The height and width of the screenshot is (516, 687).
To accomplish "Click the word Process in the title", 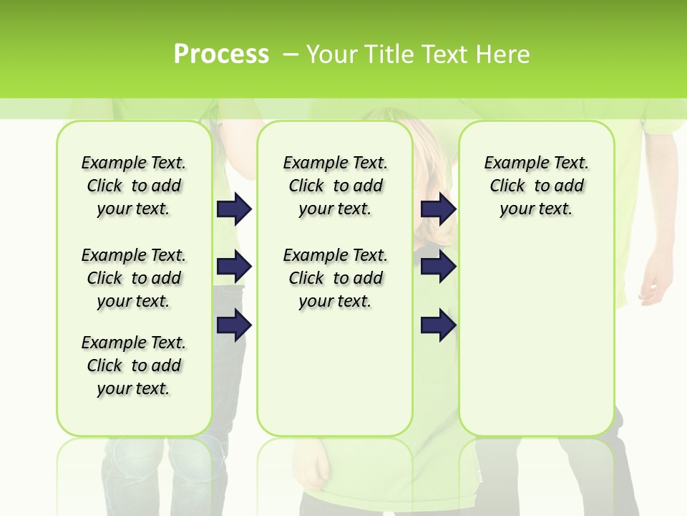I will click(221, 54).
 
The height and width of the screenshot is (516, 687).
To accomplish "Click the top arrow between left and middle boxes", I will click(234, 209).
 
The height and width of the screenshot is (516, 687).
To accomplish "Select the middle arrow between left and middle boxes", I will click(234, 267).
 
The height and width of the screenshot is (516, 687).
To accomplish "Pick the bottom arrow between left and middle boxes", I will click(234, 325).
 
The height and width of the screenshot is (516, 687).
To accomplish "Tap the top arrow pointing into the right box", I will click(438, 209).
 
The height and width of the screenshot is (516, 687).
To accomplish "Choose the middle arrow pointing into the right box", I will click(438, 267).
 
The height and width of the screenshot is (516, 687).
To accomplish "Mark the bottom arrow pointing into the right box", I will click(438, 325).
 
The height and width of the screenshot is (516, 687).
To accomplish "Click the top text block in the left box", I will click(134, 186).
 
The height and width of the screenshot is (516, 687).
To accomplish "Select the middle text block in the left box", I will click(134, 278).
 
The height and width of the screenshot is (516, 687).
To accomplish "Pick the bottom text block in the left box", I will click(134, 365).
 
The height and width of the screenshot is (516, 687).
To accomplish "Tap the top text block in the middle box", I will click(335, 186).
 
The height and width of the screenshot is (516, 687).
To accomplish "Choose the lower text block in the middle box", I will click(335, 278).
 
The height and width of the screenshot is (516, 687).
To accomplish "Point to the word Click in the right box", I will click(507, 186).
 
